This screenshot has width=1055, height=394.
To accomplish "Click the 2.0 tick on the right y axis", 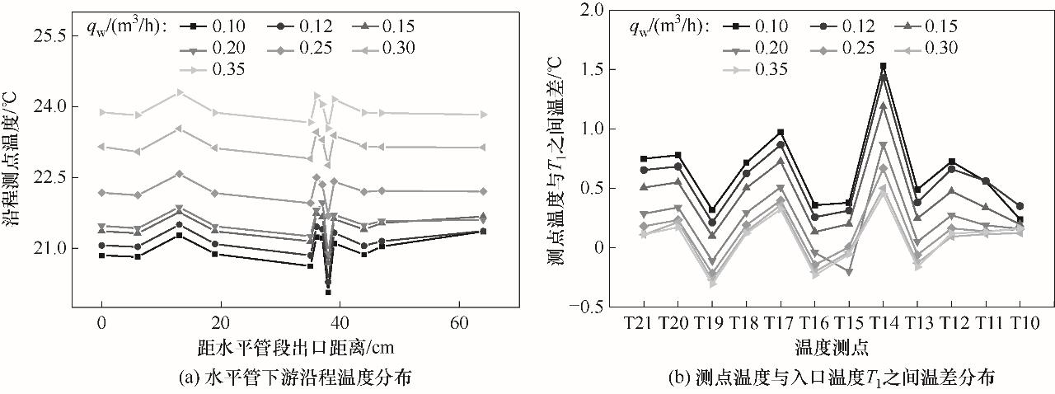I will pyautogui.click(x=592, y=10).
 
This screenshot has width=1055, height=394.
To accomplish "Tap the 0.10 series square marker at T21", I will pyautogui.click(x=644, y=159).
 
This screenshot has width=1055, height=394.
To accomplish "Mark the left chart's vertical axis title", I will pyautogui.click(x=17, y=157).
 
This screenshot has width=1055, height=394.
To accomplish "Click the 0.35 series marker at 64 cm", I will pyautogui.click(x=484, y=115).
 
